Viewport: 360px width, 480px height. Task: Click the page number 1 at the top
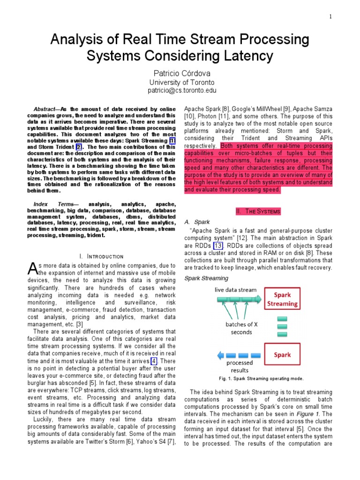tap(331, 17)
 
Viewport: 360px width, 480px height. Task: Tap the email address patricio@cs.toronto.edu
tap(180, 90)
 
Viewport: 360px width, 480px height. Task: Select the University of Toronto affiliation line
tap(180, 82)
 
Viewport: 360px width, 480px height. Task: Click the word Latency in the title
tap(242, 56)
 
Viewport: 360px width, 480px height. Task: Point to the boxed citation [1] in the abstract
tap(172, 141)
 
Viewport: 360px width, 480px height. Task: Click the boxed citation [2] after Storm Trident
tap(79, 147)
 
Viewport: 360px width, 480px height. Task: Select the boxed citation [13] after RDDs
tap(218, 246)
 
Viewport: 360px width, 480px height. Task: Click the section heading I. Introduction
tap(102, 256)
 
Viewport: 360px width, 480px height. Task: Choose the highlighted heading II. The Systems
tap(258, 211)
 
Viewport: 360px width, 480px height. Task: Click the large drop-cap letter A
tap(32, 269)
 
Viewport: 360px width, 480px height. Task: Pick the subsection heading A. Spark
tap(197, 222)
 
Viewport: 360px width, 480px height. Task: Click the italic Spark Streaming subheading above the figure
tap(206, 278)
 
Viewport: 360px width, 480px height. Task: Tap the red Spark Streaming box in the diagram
tap(282, 300)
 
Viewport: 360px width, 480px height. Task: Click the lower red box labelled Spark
tap(282, 355)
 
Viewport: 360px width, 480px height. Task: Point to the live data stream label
tap(236, 290)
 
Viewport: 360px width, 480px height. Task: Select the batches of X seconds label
tap(241, 328)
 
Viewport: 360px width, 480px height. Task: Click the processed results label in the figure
tap(240, 367)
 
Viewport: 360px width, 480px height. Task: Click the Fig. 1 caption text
tap(261, 378)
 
